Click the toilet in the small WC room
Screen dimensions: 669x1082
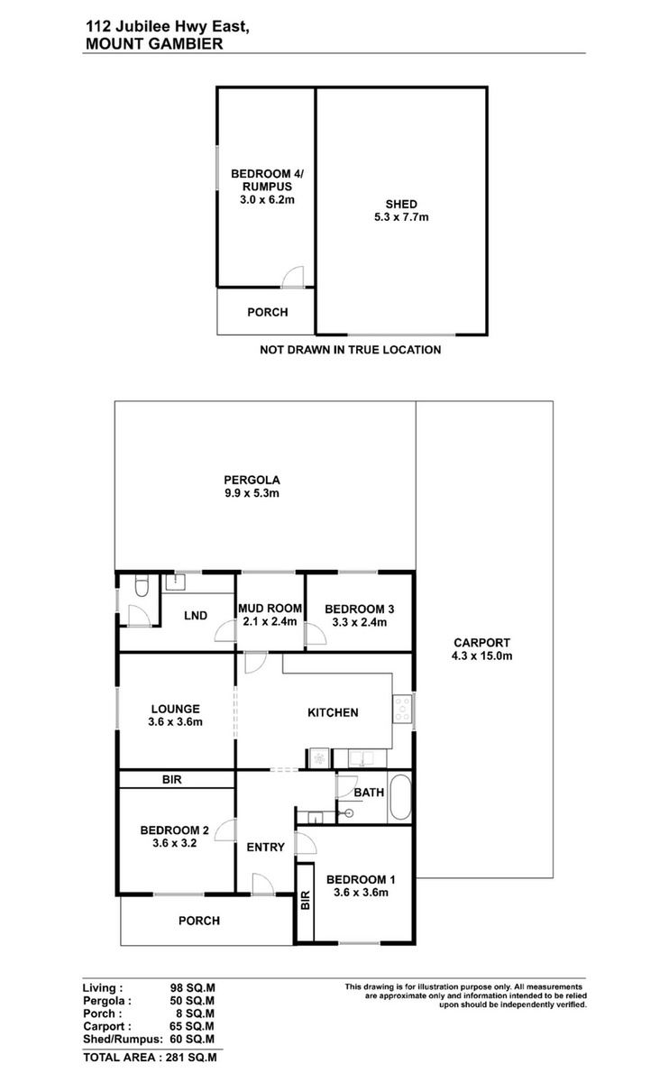142,585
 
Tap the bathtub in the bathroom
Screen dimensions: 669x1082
400,797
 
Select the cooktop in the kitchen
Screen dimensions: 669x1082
402,709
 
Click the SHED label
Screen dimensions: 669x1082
401,205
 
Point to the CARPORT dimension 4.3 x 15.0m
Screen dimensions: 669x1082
481,656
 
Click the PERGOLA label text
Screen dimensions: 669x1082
252,480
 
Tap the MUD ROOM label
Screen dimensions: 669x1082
270,609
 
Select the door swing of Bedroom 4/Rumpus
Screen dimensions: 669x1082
293,277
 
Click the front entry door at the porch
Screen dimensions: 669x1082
262,885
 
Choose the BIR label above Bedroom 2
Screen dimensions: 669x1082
172,780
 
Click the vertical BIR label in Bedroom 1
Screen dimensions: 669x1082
306,901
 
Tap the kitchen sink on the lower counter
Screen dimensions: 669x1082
362,759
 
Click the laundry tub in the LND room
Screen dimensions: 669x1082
175,582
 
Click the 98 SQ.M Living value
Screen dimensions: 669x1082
192,988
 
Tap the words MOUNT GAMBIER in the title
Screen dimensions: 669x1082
154,44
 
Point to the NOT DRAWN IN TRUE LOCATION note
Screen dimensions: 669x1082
350,350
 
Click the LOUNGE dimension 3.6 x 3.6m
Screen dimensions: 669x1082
175,722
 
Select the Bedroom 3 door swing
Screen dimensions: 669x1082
316,634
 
